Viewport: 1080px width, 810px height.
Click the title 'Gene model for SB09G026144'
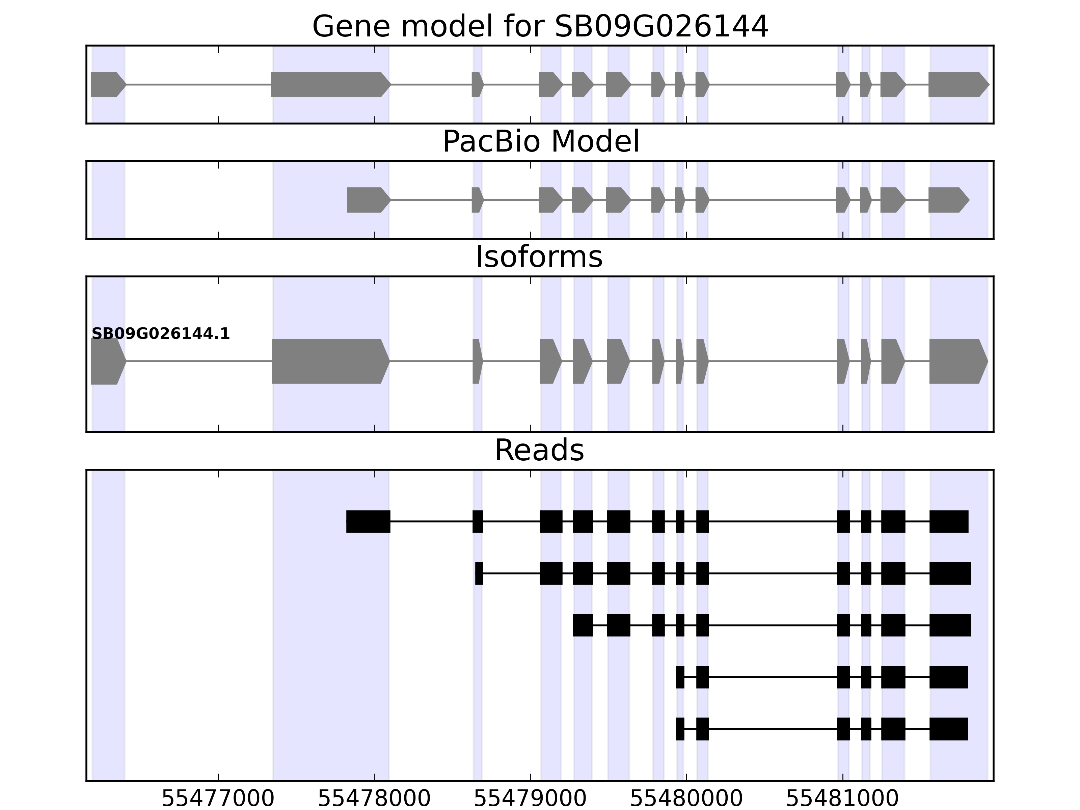[x=540, y=26]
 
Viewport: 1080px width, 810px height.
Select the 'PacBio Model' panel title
[x=540, y=142]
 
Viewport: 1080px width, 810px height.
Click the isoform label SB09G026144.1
[x=160, y=334]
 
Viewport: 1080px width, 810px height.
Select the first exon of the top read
[x=368, y=521]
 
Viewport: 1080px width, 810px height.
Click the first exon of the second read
[x=479, y=573]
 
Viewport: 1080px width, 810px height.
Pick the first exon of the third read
[x=583, y=625]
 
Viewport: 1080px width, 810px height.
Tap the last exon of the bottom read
[x=948, y=729]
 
